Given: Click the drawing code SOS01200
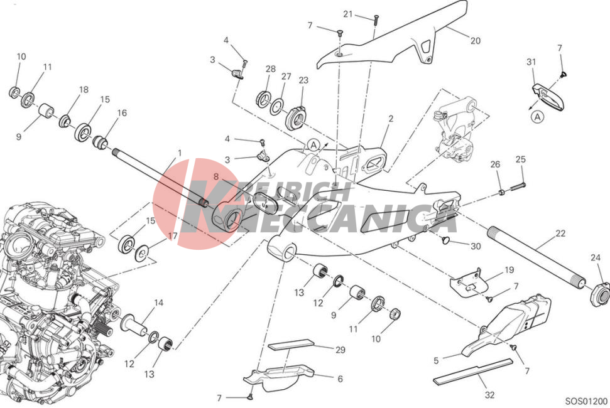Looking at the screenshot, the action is [586, 401].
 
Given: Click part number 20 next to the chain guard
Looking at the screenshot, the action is [476, 40].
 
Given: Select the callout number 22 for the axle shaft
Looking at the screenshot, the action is [560, 233].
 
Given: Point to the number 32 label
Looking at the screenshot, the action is [489, 395].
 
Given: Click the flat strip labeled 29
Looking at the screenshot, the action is [291, 345].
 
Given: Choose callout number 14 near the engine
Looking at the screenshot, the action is [158, 303].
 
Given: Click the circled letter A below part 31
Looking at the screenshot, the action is [538, 117].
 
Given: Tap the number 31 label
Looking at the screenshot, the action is [531, 62].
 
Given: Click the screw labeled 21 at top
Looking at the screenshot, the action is [376, 19].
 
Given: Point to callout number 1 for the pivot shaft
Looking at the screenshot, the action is [179, 153].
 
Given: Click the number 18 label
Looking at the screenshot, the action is [84, 90].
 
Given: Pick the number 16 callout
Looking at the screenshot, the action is [122, 113].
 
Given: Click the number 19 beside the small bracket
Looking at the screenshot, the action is [509, 270].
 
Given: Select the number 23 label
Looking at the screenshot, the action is [303, 80].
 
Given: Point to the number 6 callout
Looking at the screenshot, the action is [340, 379].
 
